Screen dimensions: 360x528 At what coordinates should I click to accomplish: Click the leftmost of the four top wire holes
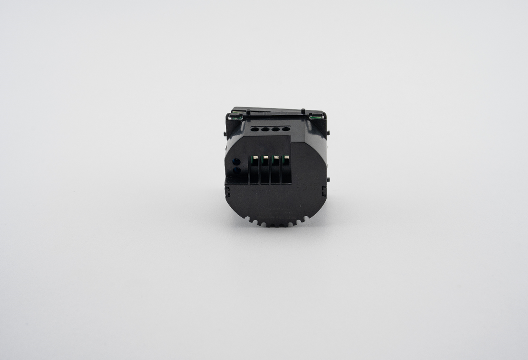(x=254, y=129)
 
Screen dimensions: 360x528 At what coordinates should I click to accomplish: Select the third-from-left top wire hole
(x=275, y=129)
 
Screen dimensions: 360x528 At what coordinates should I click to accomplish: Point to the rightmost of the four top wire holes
(x=286, y=129)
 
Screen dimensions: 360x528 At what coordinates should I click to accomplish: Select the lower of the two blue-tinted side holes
(x=236, y=169)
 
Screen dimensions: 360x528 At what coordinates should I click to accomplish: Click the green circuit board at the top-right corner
(x=315, y=115)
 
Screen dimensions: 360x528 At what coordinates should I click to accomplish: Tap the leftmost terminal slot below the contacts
(x=254, y=172)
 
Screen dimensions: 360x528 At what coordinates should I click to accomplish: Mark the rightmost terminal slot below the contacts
(x=286, y=172)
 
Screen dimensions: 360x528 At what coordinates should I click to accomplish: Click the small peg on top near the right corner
(x=303, y=111)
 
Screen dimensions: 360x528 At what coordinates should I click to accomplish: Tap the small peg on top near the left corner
(x=248, y=111)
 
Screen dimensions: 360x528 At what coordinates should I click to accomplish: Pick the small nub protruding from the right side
(x=329, y=179)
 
